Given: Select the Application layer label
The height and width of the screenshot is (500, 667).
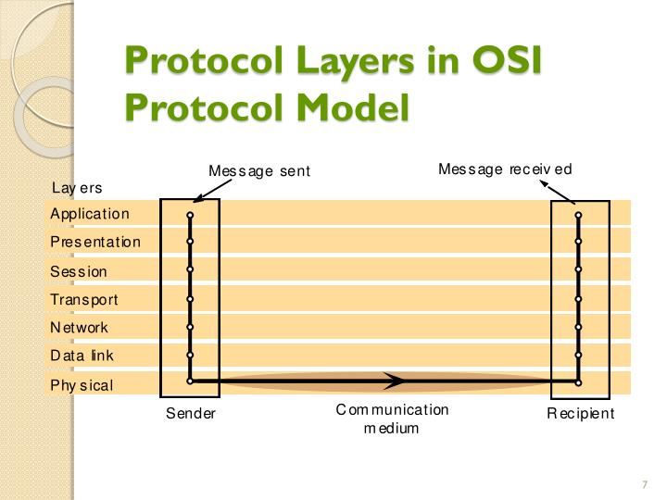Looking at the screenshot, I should pyautogui.click(x=90, y=214).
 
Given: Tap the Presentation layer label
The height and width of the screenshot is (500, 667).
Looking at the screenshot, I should pyautogui.click(x=95, y=242).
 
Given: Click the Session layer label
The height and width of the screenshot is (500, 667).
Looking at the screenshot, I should pyautogui.click(x=79, y=271).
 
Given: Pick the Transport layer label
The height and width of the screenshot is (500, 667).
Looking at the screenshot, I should pyautogui.click(x=84, y=299).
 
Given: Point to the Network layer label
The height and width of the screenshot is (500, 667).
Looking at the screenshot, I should pyautogui.click(x=79, y=327).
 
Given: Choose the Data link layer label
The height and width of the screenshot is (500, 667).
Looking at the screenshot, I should pyautogui.click(x=82, y=356).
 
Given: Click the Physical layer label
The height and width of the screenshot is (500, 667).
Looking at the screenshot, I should pyautogui.click(x=82, y=385).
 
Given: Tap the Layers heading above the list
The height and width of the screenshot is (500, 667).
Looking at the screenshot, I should pyautogui.click(x=77, y=188).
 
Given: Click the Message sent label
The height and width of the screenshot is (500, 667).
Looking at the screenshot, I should pyautogui.click(x=259, y=171).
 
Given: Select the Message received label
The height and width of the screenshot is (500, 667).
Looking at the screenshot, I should pyautogui.click(x=505, y=169).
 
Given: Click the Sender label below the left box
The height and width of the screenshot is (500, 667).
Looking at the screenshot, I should pyautogui.click(x=190, y=414).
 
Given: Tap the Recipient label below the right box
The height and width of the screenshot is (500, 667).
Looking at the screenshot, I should pyautogui.click(x=580, y=414).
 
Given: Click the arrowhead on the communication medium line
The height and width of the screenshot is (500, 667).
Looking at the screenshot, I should pyautogui.click(x=396, y=381).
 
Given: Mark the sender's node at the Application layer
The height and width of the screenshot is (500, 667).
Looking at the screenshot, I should pyautogui.click(x=190, y=215).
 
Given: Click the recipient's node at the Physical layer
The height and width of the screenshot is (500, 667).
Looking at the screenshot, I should pyautogui.click(x=578, y=381).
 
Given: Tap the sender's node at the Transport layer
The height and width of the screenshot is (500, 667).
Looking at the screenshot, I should pyautogui.click(x=190, y=299).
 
